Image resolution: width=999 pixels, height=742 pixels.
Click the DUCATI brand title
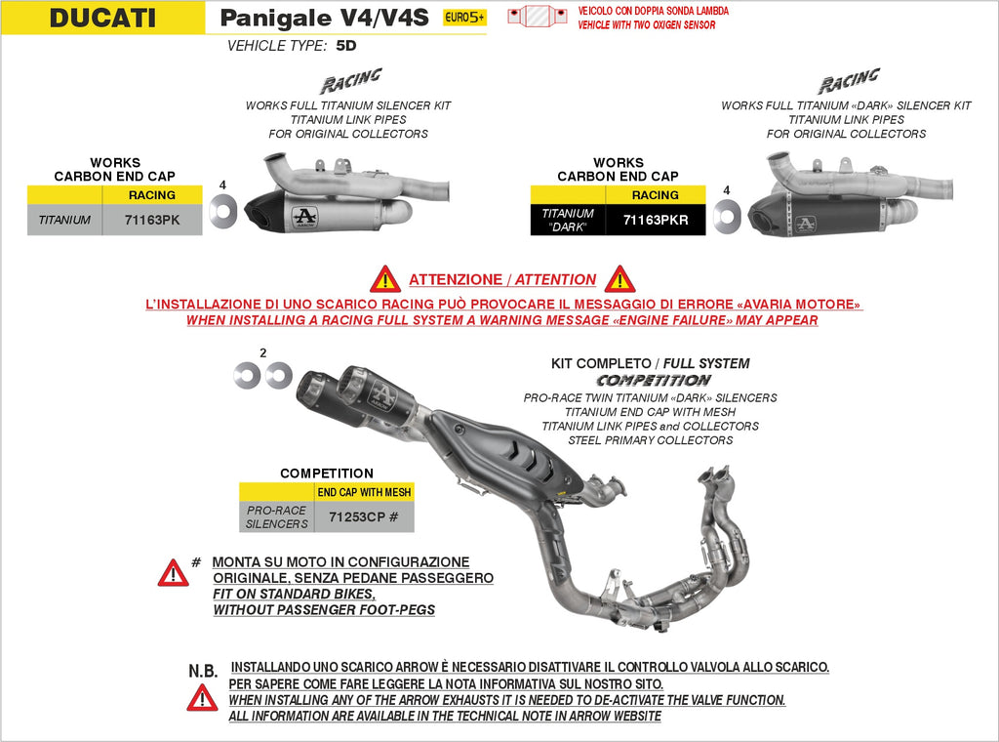tap(102, 18)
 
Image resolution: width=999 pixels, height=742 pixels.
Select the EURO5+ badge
tap(464, 18)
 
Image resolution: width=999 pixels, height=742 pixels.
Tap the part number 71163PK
tap(152, 221)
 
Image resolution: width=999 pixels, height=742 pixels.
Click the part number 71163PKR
tap(656, 221)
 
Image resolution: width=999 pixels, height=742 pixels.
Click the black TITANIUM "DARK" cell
tap(568, 220)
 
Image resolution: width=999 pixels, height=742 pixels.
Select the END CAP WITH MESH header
tap(364, 492)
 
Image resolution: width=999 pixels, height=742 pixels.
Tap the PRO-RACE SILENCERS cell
tap(277, 516)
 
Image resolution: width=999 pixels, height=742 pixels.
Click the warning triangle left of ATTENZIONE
tap(385, 279)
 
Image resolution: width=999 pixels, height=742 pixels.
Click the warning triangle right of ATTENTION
tap(619, 279)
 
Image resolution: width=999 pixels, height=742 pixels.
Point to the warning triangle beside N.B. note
tap(202, 697)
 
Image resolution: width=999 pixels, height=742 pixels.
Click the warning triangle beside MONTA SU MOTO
tap(173, 572)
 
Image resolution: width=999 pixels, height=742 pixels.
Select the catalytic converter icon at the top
tap(539, 17)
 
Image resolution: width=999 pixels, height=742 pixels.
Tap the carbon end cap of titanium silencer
tap(263, 207)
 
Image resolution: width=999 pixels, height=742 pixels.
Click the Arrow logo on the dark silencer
tap(806, 223)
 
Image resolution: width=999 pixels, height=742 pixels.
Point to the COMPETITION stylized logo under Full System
tap(654, 380)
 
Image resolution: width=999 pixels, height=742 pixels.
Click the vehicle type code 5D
tap(346, 46)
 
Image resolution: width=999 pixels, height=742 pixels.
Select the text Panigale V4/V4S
tap(323, 19)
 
